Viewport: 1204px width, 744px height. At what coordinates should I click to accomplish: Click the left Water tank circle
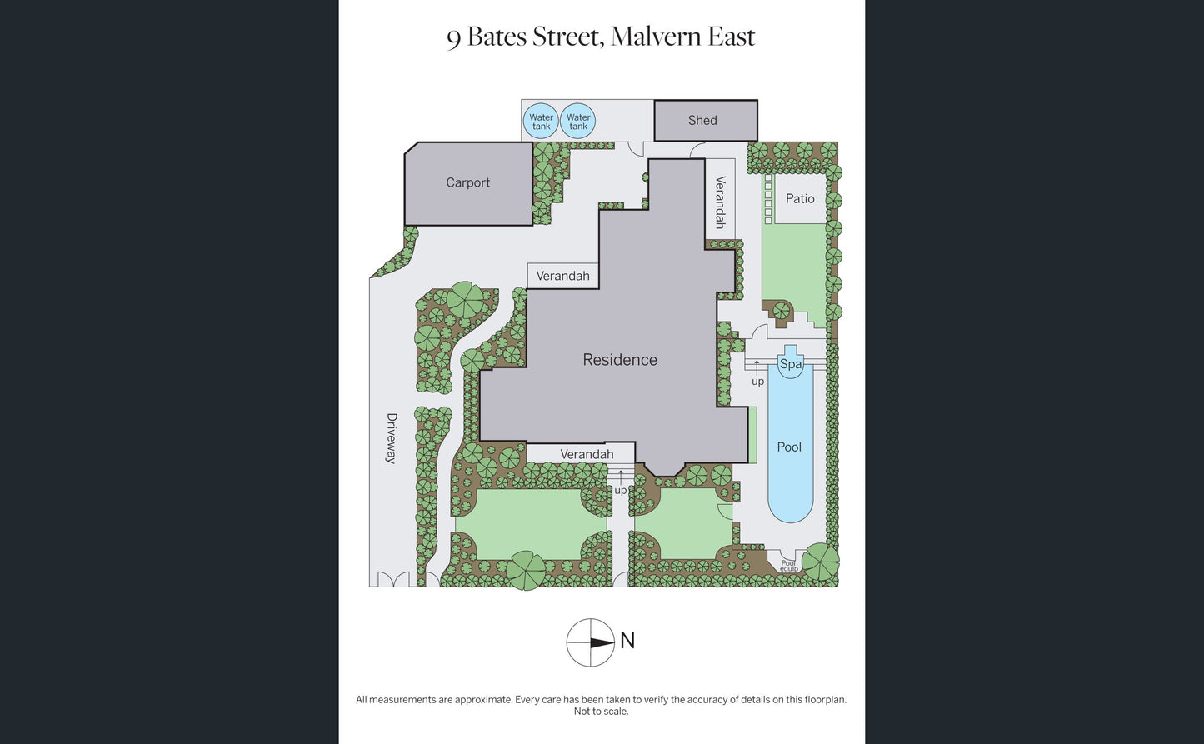[x=541, y=121]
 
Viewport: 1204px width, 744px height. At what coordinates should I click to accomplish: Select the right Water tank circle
[x=577, y=121]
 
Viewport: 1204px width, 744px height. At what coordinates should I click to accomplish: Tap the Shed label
[x=702, y=121]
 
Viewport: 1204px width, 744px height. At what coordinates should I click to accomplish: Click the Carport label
[x=467, y=182]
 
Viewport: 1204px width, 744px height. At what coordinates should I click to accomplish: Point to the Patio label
[x=800, y=199]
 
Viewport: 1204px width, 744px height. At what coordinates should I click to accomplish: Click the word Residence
[x=620, y=360]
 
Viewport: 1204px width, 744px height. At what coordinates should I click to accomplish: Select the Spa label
[x=791, y=364]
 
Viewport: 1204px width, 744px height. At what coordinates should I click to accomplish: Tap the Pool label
[x=789, y=447]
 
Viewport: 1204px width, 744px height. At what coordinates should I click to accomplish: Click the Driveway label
[x=392, y=438]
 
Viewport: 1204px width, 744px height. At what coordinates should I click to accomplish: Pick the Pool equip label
[x=788, y=566]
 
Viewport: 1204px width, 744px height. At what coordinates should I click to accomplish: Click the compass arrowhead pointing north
[x=602, y=642]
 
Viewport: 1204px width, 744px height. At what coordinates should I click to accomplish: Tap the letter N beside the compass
[x=627, y=641]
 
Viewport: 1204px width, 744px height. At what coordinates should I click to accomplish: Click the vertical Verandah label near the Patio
[x=720, y=202]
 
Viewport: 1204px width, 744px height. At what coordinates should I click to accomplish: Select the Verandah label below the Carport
[x=562, y=276]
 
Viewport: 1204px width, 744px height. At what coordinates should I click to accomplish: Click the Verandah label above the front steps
[x=587, y=454]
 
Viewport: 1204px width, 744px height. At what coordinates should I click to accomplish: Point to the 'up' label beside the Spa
[x=758, y=382]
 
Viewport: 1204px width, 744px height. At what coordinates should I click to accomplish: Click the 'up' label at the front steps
[x=621, y=491]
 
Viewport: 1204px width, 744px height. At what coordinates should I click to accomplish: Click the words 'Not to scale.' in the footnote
[x=601, y=712]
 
